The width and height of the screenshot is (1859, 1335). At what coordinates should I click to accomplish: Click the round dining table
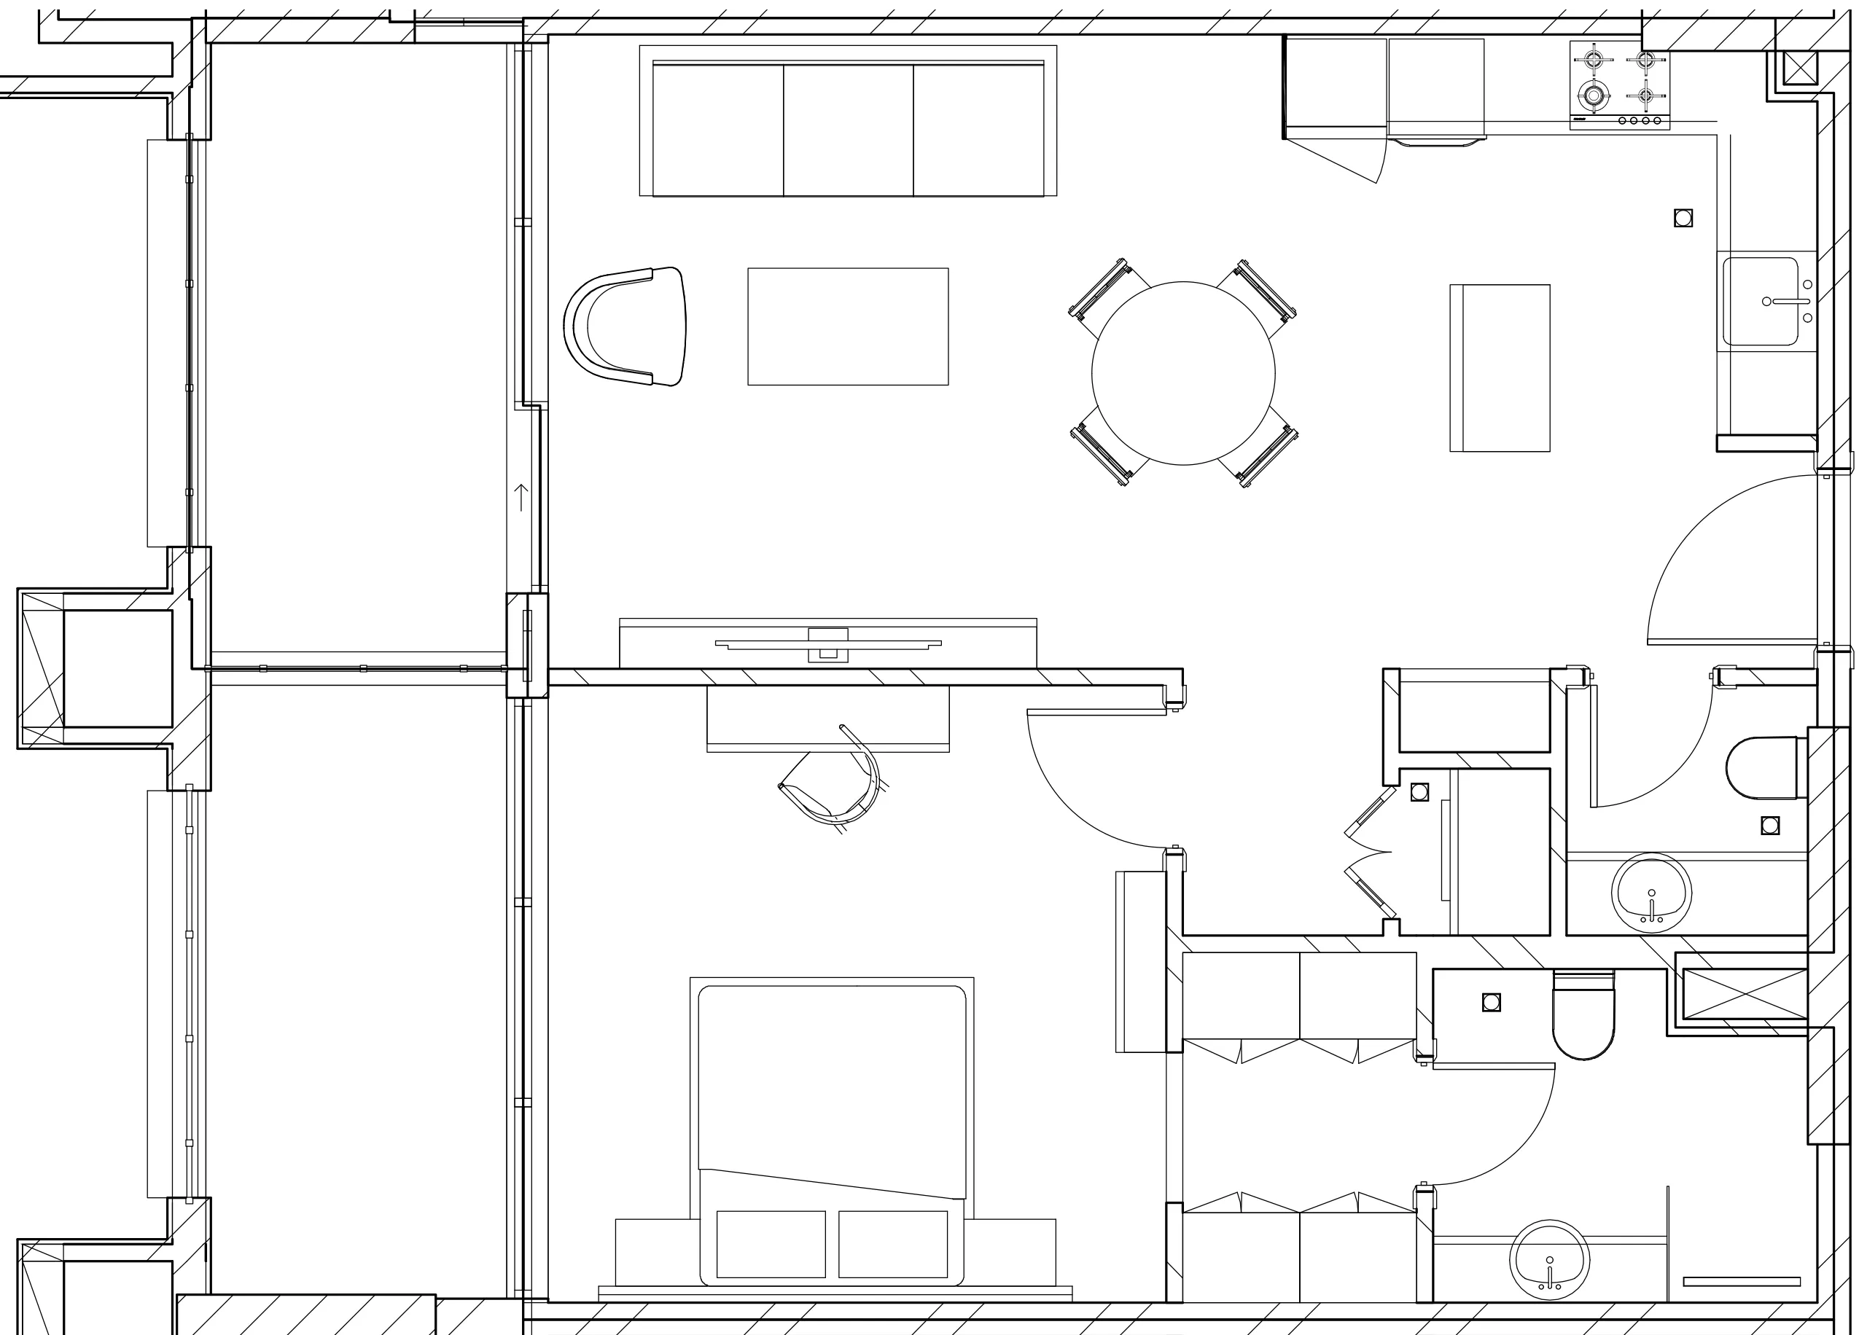[x=1182, y=373]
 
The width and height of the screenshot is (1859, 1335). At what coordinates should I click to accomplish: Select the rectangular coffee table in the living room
[x=848, y=326]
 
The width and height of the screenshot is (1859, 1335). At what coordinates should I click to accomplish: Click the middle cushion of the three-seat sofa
[x=849, y=130]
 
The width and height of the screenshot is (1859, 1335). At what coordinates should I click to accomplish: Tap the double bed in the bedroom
[x=832, y=1131]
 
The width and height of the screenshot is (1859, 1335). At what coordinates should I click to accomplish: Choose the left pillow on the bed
[x=771, y=1244]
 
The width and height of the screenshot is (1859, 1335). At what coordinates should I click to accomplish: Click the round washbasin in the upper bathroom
[x=1651, y=893]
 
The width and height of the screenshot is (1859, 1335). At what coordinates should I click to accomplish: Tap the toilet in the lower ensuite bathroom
[x=1583, y=1017]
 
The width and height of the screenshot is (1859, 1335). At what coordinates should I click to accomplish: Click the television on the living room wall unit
[x=828, y=644]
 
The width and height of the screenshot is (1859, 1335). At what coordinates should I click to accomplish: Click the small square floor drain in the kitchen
[x=1683, y=218]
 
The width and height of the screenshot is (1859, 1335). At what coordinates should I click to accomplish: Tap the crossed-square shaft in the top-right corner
[x=1793, y=68]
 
